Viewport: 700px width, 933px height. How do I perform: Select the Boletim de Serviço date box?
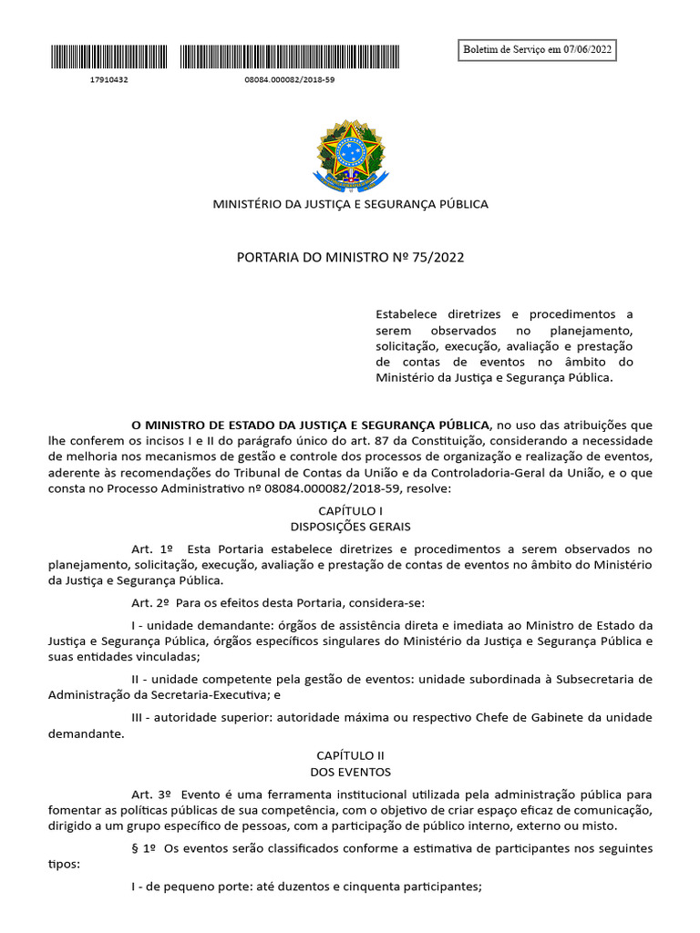coord(538,49)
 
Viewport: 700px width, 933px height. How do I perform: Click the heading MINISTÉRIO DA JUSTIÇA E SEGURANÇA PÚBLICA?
coord(350,204)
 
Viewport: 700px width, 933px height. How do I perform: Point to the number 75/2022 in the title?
coord(437,258)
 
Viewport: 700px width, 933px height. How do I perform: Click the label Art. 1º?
coord(151,549)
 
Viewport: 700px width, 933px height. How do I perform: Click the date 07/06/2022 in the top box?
coord(587,49)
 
